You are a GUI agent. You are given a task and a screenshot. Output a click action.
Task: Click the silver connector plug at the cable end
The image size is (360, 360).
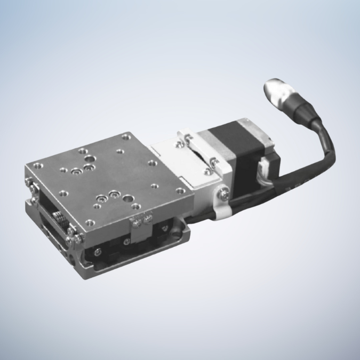point(278,91)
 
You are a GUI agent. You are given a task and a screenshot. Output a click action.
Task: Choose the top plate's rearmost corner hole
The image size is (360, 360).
point(126,137)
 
